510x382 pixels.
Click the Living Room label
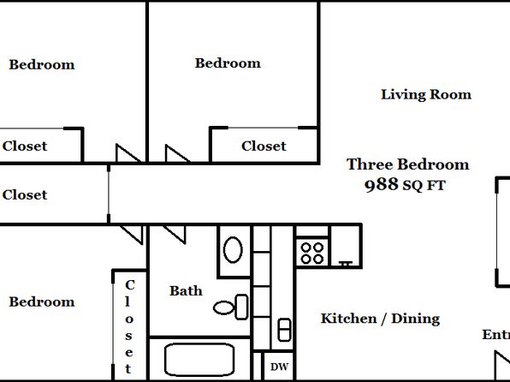(x=426, y=95)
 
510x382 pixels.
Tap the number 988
(x=381, y=185)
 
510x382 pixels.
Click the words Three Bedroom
(x=407, y=164)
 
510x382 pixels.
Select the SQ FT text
(x=424, y=186)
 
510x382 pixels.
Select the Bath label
(x=186, y=291)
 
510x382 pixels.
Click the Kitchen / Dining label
(x=380, y=319)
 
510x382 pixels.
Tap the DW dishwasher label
(x=279, y=367)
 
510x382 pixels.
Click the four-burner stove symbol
(x=312, y=254)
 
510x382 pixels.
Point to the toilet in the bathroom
(x=230, y=307)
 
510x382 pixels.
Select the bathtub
(x=199, y=360)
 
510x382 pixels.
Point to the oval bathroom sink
(x=233, y=250)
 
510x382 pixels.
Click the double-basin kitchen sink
(x=284, y=330)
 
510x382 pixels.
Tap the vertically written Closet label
(x=129, y=327)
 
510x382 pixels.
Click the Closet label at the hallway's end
(x=25, y=194)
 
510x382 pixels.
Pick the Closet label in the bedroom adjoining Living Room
(x=264, y=146)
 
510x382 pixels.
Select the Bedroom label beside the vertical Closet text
(x=42, y=301)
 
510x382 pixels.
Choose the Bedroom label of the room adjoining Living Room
(x=228, y=63)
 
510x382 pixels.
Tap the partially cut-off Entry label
(x=496, y=334)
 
